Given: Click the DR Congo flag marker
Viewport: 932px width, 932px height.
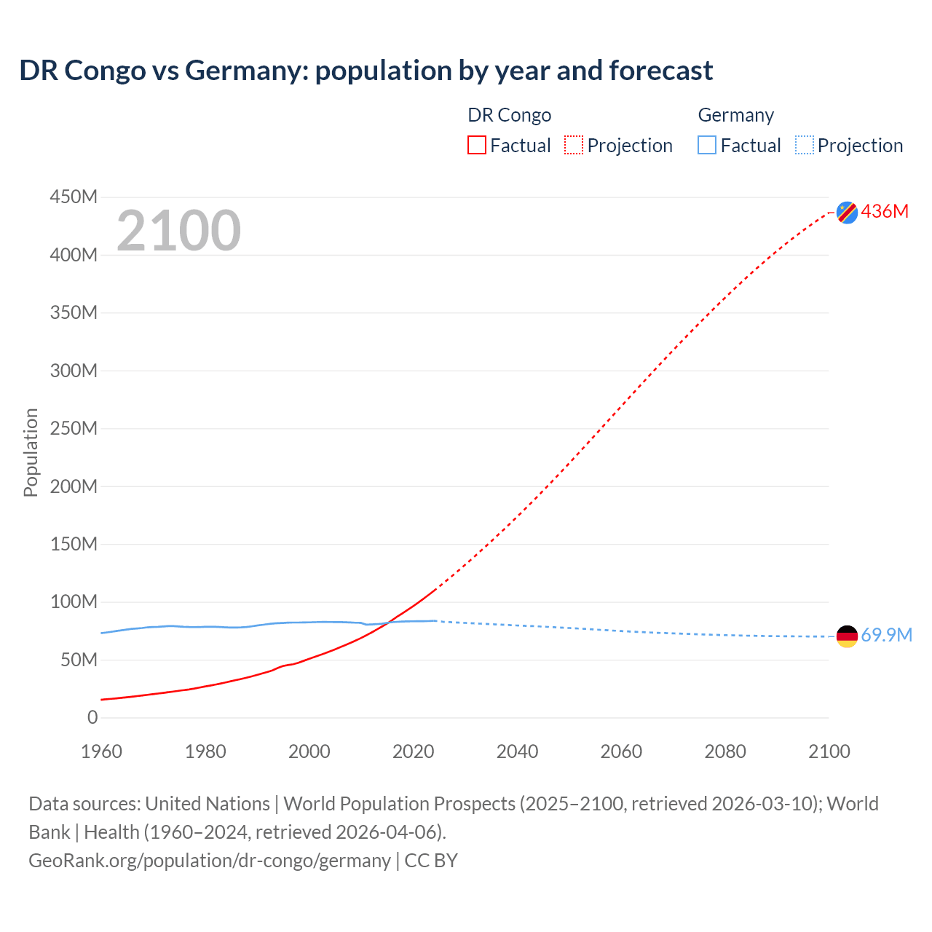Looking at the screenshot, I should [x=847, y=212].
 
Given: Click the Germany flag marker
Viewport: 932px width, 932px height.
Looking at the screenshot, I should [x=847, y=636].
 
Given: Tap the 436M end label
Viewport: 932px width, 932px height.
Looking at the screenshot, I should [x=885, y=211].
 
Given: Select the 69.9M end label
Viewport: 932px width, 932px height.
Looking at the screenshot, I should [x=886, y=635].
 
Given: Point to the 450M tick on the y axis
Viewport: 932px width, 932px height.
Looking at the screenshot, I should [x=74, y=197].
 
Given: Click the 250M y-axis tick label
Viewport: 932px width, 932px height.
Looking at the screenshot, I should [x=74, y=428].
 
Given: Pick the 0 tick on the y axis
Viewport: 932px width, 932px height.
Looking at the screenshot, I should [x=92, y=717].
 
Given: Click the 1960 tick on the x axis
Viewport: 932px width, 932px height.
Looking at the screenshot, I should [x=101, y=751].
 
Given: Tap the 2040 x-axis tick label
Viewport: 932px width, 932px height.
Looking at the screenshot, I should [x=517, y=751].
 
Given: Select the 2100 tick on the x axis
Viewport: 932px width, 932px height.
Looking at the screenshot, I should [x=829, y=751].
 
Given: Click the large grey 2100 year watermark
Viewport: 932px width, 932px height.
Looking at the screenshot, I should [x=178, y=231].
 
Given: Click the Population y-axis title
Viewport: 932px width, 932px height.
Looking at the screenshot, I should [x=31, y=452].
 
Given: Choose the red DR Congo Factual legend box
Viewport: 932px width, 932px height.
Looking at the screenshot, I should [x=477, y=145].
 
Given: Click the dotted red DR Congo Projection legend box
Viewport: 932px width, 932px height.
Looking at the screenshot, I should [x=574, y=145].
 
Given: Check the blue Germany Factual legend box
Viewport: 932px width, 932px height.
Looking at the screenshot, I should [x=707, y=145].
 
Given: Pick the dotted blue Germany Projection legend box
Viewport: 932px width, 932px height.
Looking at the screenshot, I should [x=805, y=145].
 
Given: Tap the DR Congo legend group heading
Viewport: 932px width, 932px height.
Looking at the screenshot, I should [x=509, y=115].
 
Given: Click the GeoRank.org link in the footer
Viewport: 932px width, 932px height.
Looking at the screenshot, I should [x=210, y=860].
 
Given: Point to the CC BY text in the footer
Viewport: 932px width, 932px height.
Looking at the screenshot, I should [x=431, y=860].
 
